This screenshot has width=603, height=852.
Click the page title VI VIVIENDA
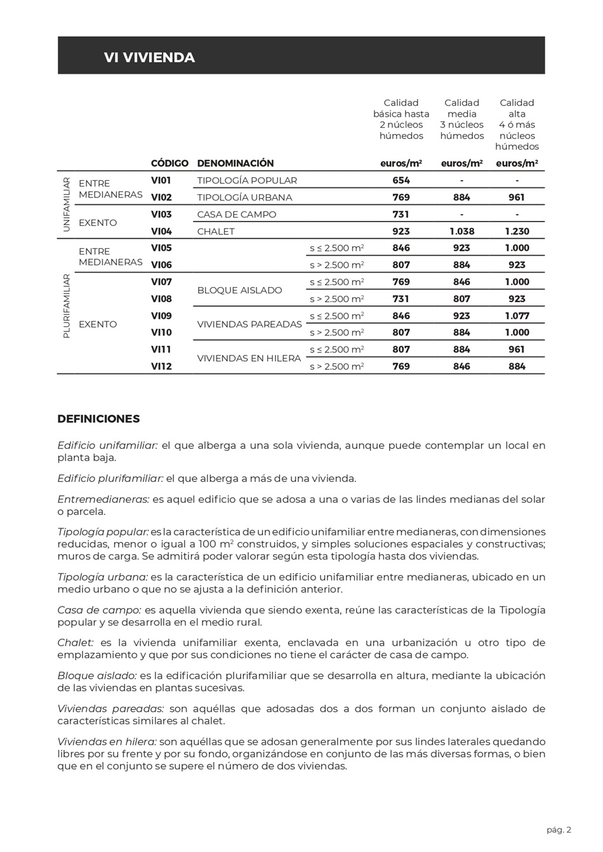[149, 58]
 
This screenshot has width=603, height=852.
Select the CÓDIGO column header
[169, 163]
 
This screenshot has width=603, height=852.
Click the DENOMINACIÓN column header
[235, 163]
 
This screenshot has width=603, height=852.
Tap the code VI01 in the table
[161, 180]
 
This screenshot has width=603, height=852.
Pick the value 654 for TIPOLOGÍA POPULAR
[401, 180]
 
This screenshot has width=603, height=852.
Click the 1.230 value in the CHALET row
[517, 232]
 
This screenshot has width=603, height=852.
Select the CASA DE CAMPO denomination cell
[237, 215]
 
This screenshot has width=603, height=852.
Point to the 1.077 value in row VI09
[517, 316]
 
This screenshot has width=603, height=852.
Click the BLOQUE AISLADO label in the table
[239, 291]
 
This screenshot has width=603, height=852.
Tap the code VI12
[161, 366]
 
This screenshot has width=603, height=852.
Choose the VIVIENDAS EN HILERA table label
[249, 359]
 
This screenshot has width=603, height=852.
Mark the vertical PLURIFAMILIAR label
[66, 306]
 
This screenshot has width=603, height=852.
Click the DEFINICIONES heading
[98, 419]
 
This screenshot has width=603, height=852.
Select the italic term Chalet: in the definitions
[76, 643]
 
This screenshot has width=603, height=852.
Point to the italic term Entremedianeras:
[103, 500]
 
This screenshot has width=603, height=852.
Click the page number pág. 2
[559, 830]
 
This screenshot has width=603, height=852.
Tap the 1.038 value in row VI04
[461, 232]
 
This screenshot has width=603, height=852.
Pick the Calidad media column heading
[461, 119]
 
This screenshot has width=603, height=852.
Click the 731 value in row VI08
[401, 299]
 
